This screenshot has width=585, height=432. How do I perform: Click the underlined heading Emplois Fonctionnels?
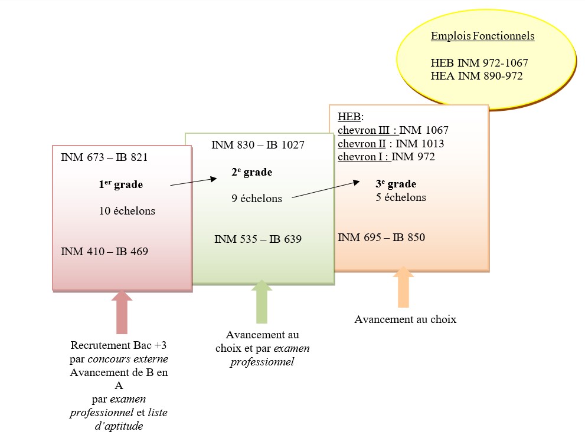tap(482, 36)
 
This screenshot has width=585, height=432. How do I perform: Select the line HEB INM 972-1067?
tap(479, 63)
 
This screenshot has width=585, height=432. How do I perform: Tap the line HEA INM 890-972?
tap(476, 76)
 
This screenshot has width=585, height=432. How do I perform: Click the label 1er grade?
tap(120, 184)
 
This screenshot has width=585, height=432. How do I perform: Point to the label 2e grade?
tap(252, 172)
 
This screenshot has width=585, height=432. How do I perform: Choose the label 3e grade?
tap(396, 184)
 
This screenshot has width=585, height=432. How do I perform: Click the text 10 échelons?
tap(127, 211)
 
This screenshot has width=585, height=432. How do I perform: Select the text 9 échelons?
tap(257, 199)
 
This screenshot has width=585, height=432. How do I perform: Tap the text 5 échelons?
tap(401, 197)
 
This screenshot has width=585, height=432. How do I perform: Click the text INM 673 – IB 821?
tap(104, 157)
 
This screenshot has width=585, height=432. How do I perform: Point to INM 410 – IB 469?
tap(104, 252)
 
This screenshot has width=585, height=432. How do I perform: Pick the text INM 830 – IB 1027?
tap(258, 144)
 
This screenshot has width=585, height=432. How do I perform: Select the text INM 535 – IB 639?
tap(258, 239)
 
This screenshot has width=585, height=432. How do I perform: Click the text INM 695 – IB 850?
tap(381, 238)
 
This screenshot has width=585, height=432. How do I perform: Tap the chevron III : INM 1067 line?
tap(393, 130)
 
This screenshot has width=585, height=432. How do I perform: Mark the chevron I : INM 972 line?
tap(386, 157)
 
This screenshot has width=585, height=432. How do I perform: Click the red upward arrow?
tap(122, 312)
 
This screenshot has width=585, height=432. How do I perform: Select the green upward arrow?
tap(262, 301)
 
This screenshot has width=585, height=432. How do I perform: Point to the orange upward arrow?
tap(403, 287)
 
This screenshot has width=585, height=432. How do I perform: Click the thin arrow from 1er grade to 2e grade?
tap(193, 182)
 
